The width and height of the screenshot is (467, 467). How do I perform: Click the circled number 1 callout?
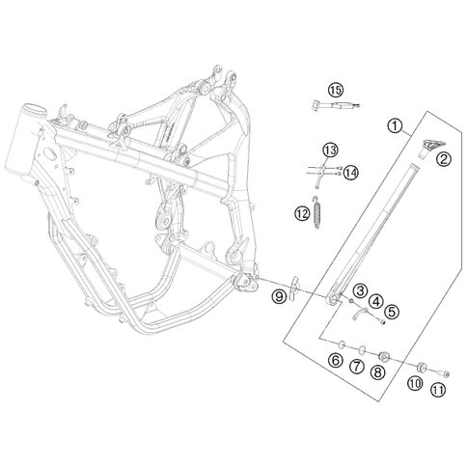(395, 125)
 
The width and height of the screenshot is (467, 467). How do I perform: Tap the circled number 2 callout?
(444, 159)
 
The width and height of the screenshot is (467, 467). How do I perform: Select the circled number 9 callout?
(279, 296)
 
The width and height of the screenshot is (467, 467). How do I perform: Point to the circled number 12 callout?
(302, 213)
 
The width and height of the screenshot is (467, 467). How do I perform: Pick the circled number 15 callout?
(336, 91)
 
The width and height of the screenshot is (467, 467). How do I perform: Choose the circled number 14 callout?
(350, 173)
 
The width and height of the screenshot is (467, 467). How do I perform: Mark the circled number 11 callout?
(438, 391)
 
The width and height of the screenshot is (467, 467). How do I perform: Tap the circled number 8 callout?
(377, 372)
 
